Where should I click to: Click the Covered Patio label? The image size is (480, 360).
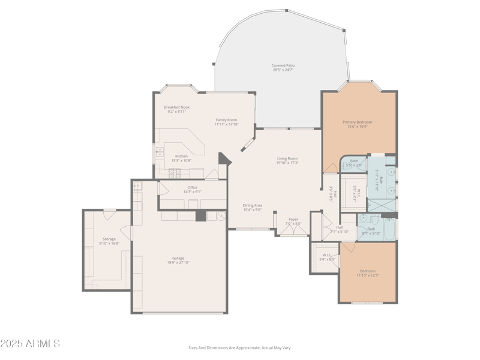[x=283, y=65]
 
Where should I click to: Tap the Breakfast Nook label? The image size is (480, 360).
[x=176, y=107]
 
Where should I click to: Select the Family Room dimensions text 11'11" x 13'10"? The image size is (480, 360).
[x=226, y=124]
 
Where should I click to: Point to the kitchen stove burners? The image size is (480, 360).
[x=174, y=173]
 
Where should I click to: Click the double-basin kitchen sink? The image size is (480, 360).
[x=160, y=152]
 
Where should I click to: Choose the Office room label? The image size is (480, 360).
[x=192, y=187]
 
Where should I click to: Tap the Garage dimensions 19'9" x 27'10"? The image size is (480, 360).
[x=178, y=262]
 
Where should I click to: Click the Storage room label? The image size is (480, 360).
[x=109, y=239]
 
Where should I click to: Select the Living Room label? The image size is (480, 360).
[x=287, y=158]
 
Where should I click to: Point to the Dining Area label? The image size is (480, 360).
[x=252, y=205]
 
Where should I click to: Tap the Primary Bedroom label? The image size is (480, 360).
[x=357, y=122]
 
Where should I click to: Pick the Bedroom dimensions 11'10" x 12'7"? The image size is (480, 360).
[x=367, y=275]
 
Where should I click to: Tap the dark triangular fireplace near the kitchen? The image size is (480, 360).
[x=224, y=158]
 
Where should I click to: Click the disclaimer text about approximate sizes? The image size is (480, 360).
[x=240, y=347]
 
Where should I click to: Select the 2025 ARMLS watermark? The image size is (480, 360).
[x=30, y=344]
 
